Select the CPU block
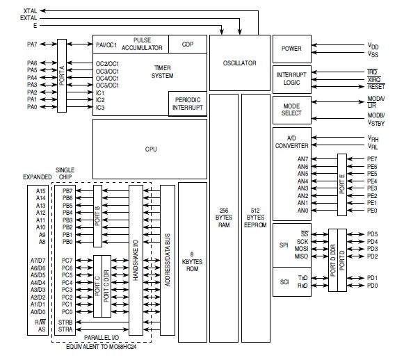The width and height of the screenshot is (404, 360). point(150,149)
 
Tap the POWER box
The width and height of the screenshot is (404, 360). point(292,49)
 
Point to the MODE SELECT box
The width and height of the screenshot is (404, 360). point(292,110)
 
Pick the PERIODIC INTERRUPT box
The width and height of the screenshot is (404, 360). point(188,104)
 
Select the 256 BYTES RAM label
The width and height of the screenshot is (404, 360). point(223,217)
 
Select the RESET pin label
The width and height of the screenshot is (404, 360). point(375,87)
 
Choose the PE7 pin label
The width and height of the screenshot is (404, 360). point(372,158)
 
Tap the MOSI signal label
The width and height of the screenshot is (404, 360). point(302,248)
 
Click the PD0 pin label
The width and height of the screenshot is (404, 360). point(373,285)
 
